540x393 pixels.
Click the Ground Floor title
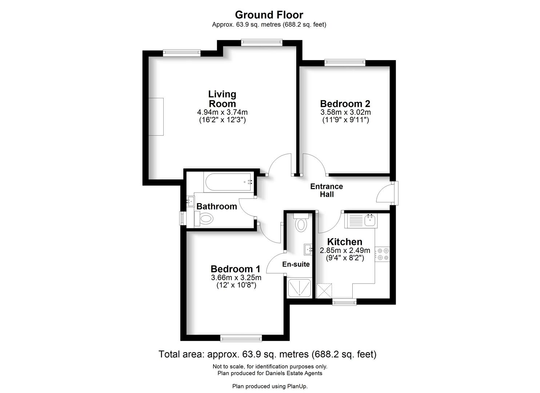(x=269, y=15)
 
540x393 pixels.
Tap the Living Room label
(x=222, y=99)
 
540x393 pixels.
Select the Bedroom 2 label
(x=345, y=104)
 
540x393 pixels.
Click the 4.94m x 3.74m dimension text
(x=222, y=112)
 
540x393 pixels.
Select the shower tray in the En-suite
(x=299, y=288)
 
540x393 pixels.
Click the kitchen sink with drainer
(x=361, y=220)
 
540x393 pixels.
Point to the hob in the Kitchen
(x=382, y=254)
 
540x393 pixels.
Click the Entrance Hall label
(x=327, y=190)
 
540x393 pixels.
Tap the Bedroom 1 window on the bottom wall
(x=241, y=339)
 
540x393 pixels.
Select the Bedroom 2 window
(x=345, y=63)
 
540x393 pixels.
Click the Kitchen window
(x=344, y=302)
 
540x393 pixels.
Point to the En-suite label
(x=296, y=264)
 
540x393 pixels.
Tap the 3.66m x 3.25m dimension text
(x=236, y=278)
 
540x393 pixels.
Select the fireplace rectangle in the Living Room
(x=156, y=117)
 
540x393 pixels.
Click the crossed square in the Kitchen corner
(x=324, y=291)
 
